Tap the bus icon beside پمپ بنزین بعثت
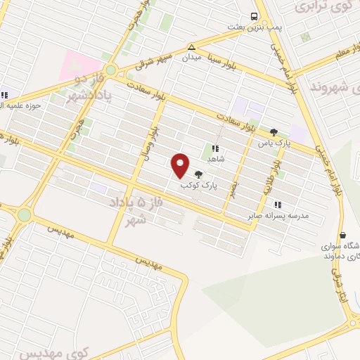(254, 17)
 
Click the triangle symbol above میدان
(191, 47)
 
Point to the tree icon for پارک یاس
(274, 131)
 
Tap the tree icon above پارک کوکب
(199, 174)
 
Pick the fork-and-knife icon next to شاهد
(215, 148)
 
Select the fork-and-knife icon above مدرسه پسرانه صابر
(276, 205)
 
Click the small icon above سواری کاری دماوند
(342, 236)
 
